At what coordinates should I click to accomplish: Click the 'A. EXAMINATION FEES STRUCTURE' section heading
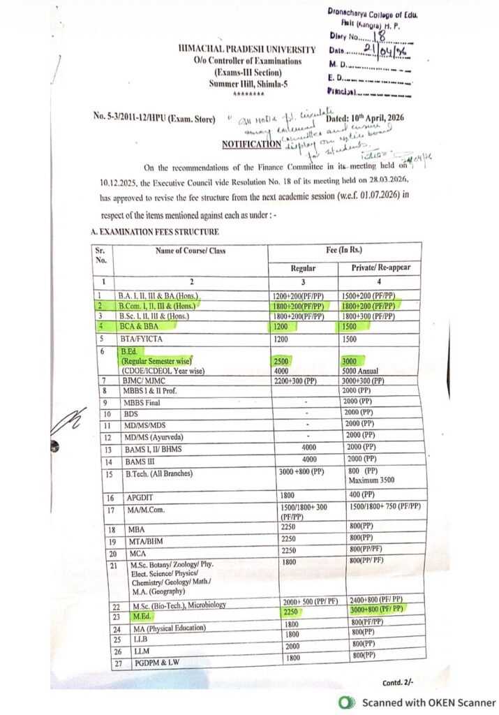pyautogui.click(x=155, y=231)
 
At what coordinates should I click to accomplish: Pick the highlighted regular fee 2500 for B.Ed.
pyautogui.click(x=282, y=360)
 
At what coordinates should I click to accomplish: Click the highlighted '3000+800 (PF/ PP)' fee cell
pyautogui.click(x=375, y=610)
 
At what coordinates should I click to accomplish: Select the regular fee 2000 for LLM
pyautogui.click(x=292, y=647)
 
